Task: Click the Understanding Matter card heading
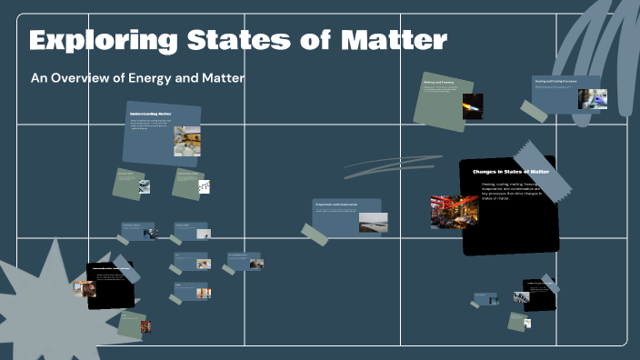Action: pos(150,114)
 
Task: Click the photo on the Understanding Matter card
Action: pos(187,141)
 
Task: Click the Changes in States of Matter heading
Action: pos(510,171)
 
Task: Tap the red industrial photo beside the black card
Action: pos(454,212)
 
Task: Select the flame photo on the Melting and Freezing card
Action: pos(473,106)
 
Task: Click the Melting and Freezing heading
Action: pos(438,83)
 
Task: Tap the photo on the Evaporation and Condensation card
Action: pos(373,223)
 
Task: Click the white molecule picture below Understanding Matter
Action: pos(205,186)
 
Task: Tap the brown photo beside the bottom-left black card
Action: pos(85,288)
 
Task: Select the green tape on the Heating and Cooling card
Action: pos(534,112)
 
